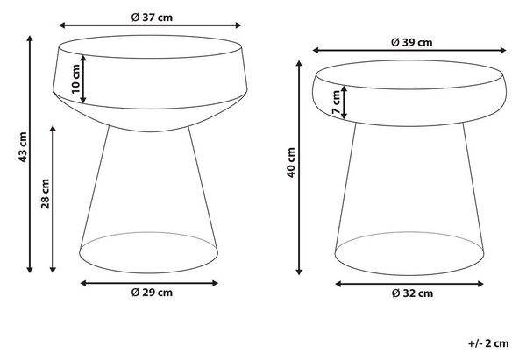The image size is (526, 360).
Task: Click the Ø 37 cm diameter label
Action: click(152, 18)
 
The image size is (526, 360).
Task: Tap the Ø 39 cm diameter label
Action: click(412, 42)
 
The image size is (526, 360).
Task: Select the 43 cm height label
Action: click(23, 147)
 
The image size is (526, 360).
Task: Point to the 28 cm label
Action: click(45, 194)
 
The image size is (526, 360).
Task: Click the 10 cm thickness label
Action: click(75, 79)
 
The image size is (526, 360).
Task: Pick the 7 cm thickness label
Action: click(337, 102)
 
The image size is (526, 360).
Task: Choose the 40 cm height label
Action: click(291, 163)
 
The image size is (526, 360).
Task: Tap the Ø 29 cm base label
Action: click(152, 293)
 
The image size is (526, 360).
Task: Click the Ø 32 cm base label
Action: click(412, 293)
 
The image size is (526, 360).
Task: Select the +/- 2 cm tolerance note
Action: click(488, 343)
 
